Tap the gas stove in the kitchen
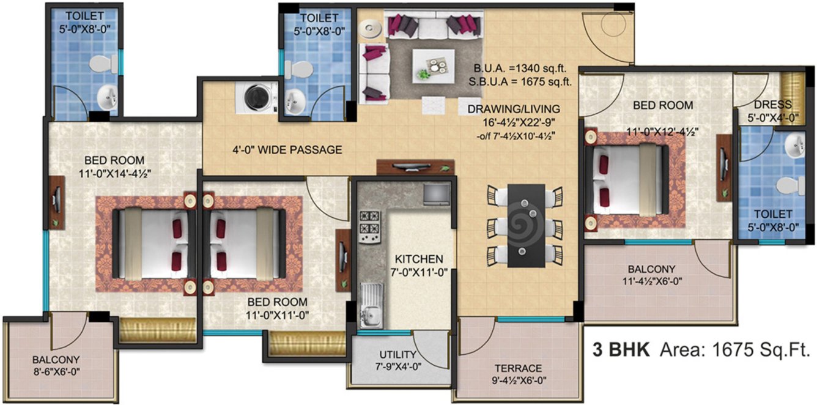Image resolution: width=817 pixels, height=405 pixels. coord(369,223)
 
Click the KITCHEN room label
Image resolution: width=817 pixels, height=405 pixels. coord(418,259)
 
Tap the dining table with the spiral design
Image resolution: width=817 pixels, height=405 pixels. coord(526,225)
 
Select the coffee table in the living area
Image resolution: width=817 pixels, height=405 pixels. coord(433,64)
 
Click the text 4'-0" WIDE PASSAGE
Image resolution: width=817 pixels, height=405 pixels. coord(287,150)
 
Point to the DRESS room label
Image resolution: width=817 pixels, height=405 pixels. coord(773,105)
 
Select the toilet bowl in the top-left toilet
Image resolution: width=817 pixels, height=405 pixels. coord(100,64)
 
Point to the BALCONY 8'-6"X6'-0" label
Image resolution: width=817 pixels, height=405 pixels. coord(56,359)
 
